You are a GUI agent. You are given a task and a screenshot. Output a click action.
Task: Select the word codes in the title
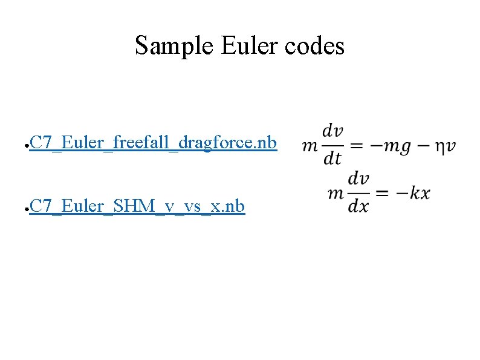(x=315, y=45)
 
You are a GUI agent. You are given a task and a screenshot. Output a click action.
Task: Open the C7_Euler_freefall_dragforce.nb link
(x=153, y=143)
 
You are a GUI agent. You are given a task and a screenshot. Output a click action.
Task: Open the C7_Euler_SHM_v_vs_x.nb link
(x=137, y=206)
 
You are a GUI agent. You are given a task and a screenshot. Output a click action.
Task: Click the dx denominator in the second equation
(x=358, y=206)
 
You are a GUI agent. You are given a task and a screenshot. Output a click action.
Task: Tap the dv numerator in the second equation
(x=358, y=179)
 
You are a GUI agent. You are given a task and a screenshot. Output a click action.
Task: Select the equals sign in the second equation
(x=382, y=194)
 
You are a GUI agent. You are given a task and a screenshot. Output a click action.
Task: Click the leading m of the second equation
(x=336, y=194)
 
